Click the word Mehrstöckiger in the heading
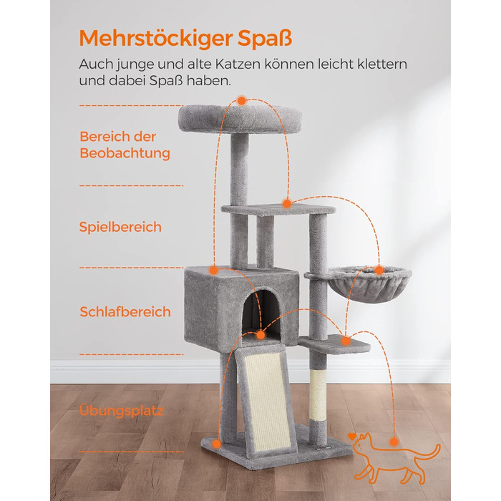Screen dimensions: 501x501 [155, 39]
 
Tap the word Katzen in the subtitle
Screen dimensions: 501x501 [238, 64]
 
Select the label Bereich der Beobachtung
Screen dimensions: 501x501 [125, 145]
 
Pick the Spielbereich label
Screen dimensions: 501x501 [120, 227]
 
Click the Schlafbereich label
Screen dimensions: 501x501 [125, 312]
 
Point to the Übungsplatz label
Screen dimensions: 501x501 [121, 410]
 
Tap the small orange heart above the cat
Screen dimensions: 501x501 [352, 436]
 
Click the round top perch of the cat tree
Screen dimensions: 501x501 [240, 119]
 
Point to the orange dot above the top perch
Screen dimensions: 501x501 [242, 101]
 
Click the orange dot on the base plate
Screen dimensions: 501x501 [217, 444]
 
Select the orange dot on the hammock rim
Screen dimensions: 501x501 [379, 271]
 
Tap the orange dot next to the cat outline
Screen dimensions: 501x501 [394, 442]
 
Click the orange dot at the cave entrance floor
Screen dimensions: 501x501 [261, 335]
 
